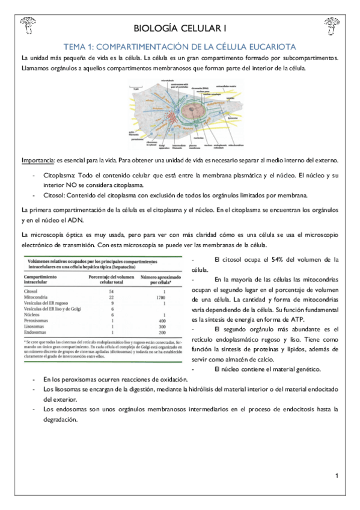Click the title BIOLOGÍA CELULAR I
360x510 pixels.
tap(180, 28)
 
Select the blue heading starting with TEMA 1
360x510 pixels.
tap(180, 47)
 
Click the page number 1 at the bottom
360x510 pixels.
tap(337, 476)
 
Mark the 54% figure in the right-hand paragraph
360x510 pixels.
tap(274, 260)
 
